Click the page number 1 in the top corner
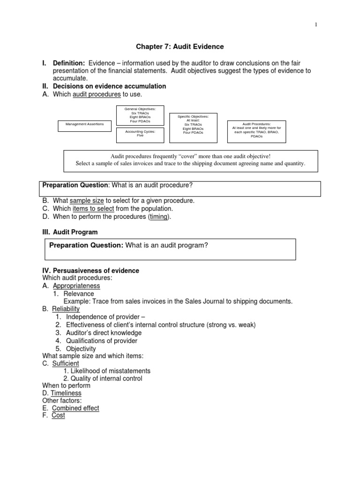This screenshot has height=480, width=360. [316, 25]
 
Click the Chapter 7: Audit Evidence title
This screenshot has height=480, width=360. [180, 47]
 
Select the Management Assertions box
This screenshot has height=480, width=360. [85, 124]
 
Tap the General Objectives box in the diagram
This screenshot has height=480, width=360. [140, 115]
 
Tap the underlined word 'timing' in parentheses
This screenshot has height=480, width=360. [158, 217]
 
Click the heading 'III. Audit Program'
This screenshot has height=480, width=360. [70, 232]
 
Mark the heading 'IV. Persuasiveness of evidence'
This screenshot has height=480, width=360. [90, 271]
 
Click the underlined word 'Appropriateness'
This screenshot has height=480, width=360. [76, 286]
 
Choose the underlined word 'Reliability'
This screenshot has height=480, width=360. [66, 309]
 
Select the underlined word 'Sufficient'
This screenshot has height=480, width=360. [65, 364]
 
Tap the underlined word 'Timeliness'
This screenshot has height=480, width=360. [66, 393]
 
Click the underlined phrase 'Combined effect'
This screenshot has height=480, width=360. [75, 408]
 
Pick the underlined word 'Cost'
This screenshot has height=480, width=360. [59, 416]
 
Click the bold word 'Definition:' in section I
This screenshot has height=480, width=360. [69, 63]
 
